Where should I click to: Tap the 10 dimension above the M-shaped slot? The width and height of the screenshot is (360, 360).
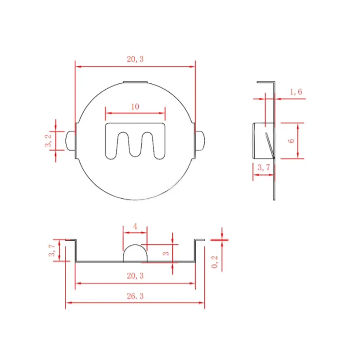pos(135,107)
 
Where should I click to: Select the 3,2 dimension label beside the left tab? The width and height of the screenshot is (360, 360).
pos(48,141)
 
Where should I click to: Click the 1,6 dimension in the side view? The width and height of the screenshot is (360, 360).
pos(296,92)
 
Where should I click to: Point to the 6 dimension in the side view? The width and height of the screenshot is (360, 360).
pos(291,140)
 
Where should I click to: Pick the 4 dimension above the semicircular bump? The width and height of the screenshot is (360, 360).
pos(135,227)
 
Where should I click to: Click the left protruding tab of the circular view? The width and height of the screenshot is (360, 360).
pos(70,141)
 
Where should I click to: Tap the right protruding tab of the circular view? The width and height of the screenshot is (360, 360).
pos(201,141)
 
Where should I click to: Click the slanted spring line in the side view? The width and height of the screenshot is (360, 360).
pos(269,144)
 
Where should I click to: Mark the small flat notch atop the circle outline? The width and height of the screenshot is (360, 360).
pos(135,82)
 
